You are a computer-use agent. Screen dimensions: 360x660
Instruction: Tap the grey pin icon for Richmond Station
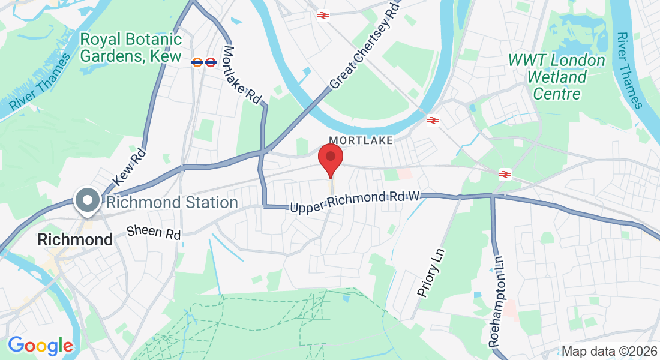point(88,200)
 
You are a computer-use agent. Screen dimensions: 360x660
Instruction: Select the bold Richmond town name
point(75,239)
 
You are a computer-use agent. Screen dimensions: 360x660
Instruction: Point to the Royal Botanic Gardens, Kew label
point(131,48)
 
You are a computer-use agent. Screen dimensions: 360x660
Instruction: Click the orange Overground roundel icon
point(197,61)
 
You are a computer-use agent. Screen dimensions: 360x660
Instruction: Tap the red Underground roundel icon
point(210,61)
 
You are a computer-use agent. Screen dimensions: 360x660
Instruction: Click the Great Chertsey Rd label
point(364,46)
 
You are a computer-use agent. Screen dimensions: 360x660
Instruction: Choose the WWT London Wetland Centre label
point(557,77)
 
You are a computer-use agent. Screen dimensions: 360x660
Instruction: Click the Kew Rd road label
point(129,166)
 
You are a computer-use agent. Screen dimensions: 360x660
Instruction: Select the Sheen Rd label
point(154,232)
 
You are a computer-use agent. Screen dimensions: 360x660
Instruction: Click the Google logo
point(40,346)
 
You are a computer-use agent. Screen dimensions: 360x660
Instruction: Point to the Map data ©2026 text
point(608,351)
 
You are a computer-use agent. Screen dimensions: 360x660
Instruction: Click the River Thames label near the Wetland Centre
point(629,70)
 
